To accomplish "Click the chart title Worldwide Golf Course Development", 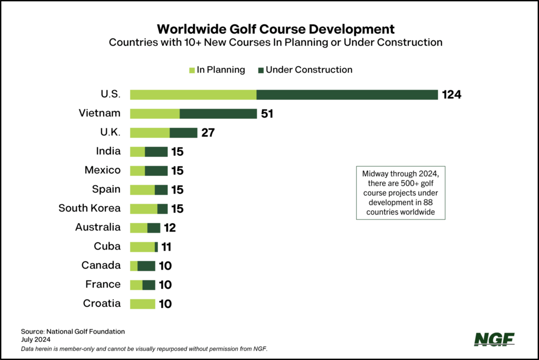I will tap(275, 28).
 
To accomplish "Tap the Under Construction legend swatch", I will tap(261, 69).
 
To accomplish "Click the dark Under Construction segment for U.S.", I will tap(347, 95).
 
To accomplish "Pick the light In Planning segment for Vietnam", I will tap(155, 114).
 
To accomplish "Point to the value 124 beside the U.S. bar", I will tap(452, 95).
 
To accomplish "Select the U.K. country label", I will tap(109, 132).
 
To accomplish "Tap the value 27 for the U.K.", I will tap(207, 133).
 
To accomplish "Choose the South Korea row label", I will tap(89, 208).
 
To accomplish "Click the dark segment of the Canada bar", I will tap(146, 266).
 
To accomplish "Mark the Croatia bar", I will tap(143, 304).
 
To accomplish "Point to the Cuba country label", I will tap(107, 246).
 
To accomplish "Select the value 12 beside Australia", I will tap(169, 228).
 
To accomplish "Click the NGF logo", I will tap(494, 339).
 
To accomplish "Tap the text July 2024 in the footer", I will tap(35, 340).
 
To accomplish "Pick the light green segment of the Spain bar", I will tap(142, 189).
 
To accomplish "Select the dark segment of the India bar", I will tap(156, 152).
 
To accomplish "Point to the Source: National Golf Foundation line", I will tap(73, 332).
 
